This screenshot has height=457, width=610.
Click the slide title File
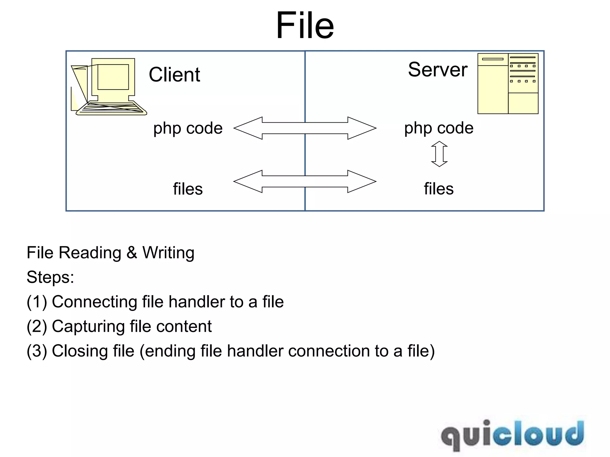[305, 25]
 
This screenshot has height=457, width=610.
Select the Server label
[438, 70]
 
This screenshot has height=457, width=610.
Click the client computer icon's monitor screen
[113, 77]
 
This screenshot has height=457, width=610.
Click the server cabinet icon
[508, 84]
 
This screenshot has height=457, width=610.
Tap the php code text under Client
[188, 128]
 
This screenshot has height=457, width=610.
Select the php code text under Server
[439, 128]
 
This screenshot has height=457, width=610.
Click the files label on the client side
[188, 189]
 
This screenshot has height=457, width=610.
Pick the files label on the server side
[439, 189]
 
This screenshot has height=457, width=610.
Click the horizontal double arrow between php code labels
[305, 128]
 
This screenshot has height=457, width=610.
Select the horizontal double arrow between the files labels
[305, 181]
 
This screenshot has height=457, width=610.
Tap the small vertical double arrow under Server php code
[439, 154]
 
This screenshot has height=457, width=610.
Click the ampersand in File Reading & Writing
[132, 253]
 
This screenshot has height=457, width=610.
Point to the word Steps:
[50, 277]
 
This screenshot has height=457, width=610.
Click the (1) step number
[37, 302]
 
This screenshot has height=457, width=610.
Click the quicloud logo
[512, 435]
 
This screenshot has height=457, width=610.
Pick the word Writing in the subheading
[168, 253]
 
